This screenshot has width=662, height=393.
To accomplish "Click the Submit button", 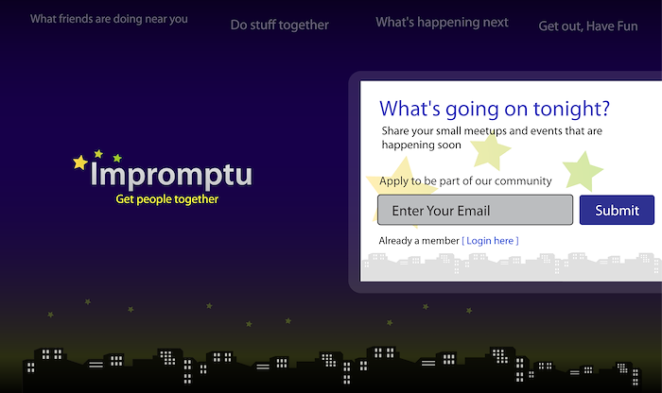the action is [x=617, y=210].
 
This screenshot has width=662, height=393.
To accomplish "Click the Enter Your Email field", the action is [x=475, y=210].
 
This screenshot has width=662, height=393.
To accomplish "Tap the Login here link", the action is [x=490, y=241].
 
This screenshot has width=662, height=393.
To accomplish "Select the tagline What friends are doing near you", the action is [x=109, y=20].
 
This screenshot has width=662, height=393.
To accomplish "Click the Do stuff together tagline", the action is [x=280, y=26].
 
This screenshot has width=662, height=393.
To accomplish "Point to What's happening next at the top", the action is [x=442, y=23].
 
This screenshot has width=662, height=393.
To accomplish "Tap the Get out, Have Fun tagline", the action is [x=588, y=26].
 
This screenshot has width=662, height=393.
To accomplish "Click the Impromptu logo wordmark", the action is [x=171, y=175].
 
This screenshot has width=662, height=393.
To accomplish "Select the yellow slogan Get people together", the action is [x=167, y=199].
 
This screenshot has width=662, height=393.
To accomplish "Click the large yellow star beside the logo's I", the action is [x=79, y=162].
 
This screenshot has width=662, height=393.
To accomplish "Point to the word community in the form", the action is [x=523, y=181].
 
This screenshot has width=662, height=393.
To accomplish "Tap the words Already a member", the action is [x=419, y=241].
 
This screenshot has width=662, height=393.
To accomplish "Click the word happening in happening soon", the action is [x=409, y=145].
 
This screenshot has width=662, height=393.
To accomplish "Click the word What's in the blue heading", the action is [x=409, y=109].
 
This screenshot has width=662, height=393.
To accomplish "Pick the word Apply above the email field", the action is [x=393, y=181].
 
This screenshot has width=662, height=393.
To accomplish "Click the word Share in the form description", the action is [x=395, y=130].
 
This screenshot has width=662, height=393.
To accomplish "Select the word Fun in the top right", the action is [x=625, y=26].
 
